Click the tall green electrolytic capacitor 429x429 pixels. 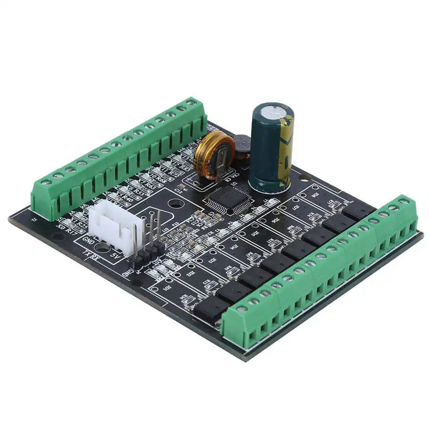[x=271, y=148]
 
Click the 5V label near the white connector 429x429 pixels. [x=114, y=255]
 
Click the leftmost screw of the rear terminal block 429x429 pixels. [x=47, y=182]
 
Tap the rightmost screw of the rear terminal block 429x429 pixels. [x=191, y=102]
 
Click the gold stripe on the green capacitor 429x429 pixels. [x=286, y=153]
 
